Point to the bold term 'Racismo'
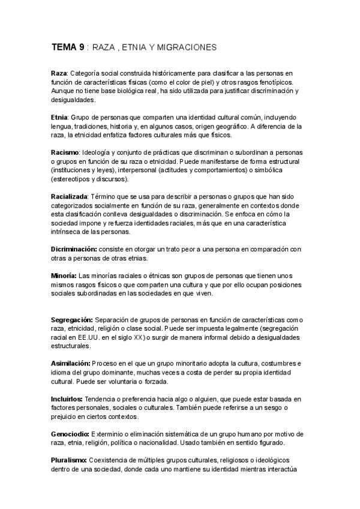pos(64,153)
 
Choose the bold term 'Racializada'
pos(69,196)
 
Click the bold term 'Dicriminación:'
pos(75,248)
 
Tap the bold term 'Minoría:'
pos(65,276)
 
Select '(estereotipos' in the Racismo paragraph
pos(72,179)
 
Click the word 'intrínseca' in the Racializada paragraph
pos(67,231)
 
